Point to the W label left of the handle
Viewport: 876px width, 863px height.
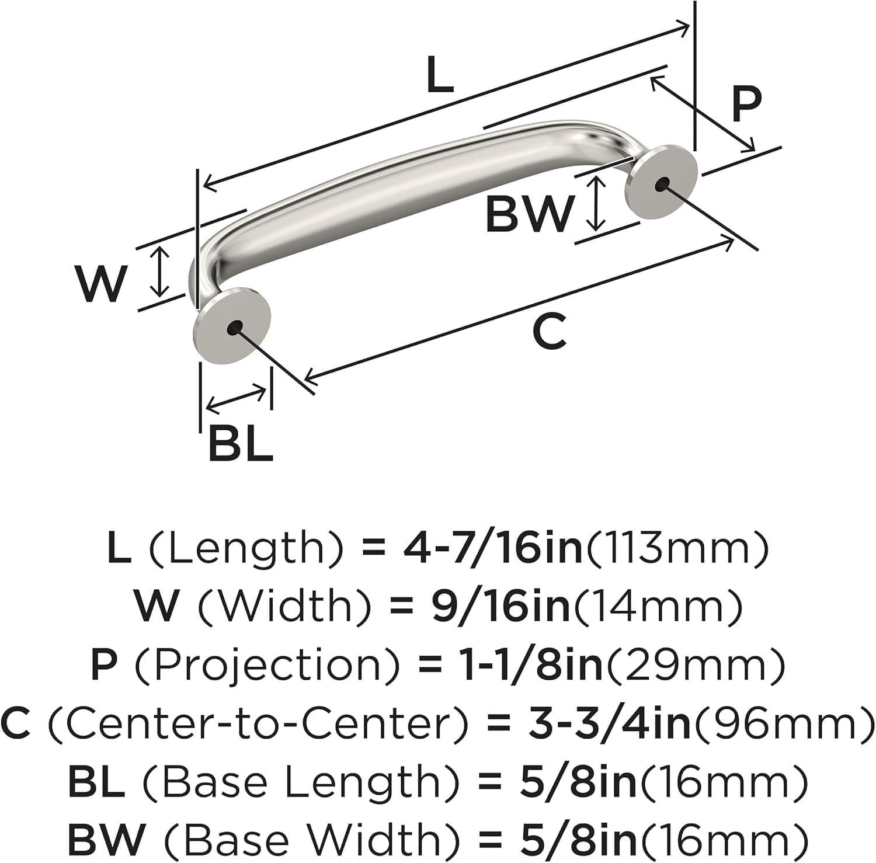[x=101, y=284]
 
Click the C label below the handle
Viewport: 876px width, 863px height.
[x=550, y=331]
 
